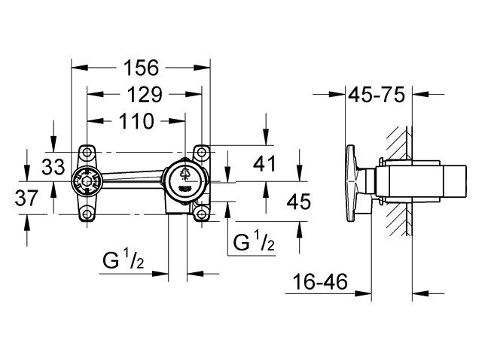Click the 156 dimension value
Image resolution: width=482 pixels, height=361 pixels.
point(141,68)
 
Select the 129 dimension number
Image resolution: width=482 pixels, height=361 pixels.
point(145,95)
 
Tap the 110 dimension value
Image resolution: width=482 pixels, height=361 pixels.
point(136,121)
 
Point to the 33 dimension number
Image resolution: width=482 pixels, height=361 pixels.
point(53,167)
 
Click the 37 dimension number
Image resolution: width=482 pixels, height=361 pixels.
point(27,198)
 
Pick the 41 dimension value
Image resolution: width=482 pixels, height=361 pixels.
point(264,163)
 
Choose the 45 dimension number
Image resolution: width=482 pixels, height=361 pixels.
point(299,202)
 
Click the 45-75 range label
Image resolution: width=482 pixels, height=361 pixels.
point(377,95)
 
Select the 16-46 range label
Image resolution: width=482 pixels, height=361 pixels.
point(320,282)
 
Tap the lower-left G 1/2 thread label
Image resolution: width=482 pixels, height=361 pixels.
point(124,259)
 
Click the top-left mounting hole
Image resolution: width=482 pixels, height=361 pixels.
point(87,152)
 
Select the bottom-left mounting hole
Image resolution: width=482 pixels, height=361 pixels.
point(87,214)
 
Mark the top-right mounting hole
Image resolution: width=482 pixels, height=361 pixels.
point(201,152)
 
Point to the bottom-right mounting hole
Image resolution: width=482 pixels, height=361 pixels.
point(201,214)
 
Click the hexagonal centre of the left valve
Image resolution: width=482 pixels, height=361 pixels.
point(87,181)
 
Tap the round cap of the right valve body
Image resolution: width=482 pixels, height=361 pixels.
point(184,182)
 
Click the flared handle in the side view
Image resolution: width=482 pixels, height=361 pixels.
point(352,184)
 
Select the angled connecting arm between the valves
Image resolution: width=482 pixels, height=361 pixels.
point(133,177)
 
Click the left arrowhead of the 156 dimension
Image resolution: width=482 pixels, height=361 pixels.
point(79,68)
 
